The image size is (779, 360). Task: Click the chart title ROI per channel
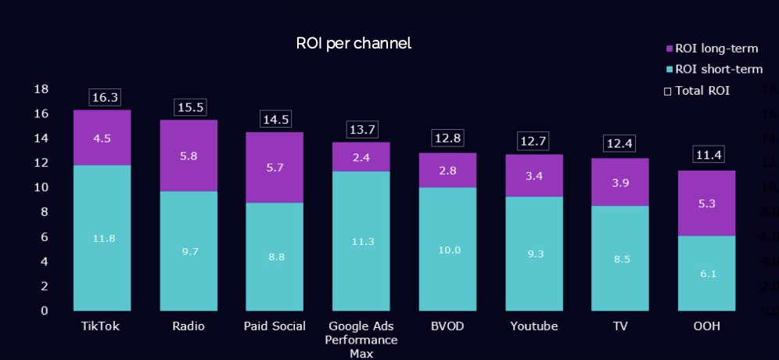click(x=354, y=43)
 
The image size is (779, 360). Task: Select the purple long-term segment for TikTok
click(x=102, y=138)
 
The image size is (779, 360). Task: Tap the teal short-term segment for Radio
click(x=188, y=250)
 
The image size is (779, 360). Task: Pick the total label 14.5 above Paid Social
click(x=275, y=120)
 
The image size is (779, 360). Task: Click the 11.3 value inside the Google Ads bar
click(x=361, y=241)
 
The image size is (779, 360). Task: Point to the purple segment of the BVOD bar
click(x=447, y=170)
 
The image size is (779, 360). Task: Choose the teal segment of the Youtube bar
click(x=533, y=253)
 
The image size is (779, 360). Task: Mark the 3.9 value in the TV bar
click(x=619, y=182)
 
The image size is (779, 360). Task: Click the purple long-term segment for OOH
click(x=706, y=203)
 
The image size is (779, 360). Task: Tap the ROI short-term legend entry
click(x=713, y=69)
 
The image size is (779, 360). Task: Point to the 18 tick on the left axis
click(x=41, y=89)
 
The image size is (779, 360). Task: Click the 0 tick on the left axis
click(x=45, y=311)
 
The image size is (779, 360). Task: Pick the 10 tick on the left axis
click(x=41, y=188)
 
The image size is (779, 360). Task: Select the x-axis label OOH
click(x=706, y=326)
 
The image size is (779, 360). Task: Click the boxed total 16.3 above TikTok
click(x=105, y=97)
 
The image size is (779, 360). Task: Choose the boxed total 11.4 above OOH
click(x=709, y=155)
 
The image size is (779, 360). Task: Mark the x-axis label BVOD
click(x=447, y=326)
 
